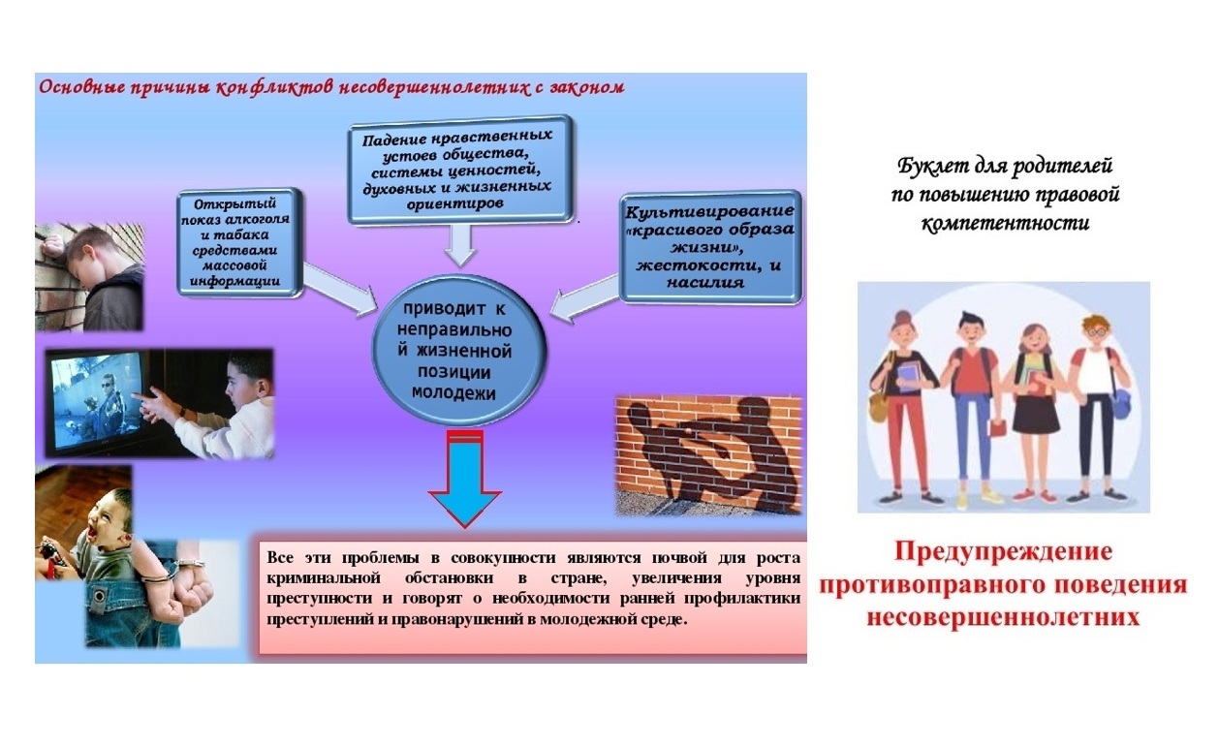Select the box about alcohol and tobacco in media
(x=239, y=242)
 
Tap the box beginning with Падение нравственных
(x=460, y=170)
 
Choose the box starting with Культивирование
(x=710, y=246)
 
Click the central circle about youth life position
(x=458, y=350)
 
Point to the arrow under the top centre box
(x=460, y=245)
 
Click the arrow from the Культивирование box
(x=584, y=298)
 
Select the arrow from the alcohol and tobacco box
(x=340, y=290)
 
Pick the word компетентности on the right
(x=1005, y=223)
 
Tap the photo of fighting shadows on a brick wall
(x=708, y=454)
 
